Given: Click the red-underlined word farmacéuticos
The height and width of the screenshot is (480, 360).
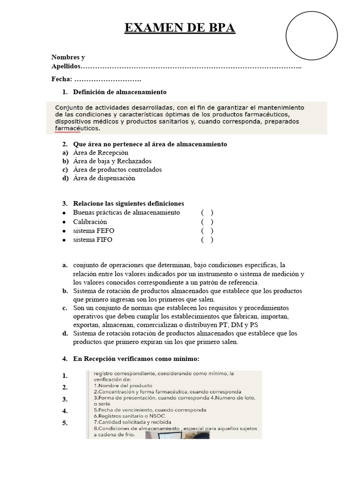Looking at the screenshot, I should [x=77, y=128].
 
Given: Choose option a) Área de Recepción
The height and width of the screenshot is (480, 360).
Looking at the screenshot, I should [x=101, y=153].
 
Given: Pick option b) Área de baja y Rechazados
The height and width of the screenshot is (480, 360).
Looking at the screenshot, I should [x=110, y=161].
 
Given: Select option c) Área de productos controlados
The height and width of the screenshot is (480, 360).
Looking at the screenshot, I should [x=117, y=170].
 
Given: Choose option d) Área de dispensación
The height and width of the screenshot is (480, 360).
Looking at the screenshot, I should [x=104, y=178].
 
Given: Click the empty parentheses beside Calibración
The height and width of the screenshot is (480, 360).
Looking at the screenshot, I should [x=207, y=222].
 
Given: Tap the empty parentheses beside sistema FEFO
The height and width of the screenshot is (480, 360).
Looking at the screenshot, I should [x=207, y=231].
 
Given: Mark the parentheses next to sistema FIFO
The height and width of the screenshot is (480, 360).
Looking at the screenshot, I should [x=207, y=240].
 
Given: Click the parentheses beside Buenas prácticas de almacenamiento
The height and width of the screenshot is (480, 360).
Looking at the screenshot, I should [x=207, y=213].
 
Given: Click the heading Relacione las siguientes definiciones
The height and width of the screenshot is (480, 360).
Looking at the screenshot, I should [x=128, y=203].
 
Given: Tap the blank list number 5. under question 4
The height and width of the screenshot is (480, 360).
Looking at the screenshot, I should [x=65, y=423].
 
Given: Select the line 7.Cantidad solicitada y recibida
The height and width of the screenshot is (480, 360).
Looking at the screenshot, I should [x=133, y=422].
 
